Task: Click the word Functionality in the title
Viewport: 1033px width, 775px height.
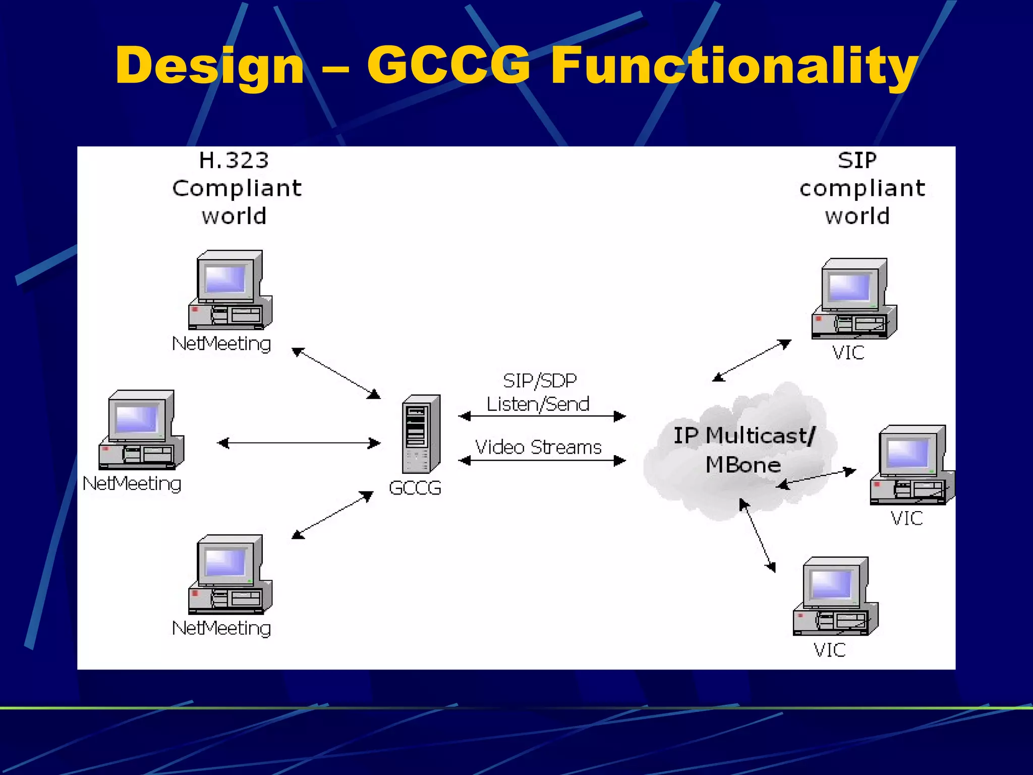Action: click(734, 66)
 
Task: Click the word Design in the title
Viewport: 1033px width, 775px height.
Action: click(209, 66)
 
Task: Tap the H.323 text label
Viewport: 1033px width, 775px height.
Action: click(234, 160)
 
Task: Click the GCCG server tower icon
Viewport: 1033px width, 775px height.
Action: click(421, 434)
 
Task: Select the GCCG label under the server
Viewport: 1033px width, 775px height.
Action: click(415, 488)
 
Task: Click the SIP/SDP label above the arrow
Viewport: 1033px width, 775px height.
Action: click(540, 380)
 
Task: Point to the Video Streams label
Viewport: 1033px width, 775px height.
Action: click(538, 447)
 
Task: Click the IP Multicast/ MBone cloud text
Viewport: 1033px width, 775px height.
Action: click(743, 450)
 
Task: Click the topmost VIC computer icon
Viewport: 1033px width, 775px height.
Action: click(854, 299)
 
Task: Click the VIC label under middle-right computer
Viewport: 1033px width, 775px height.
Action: click(906, 518)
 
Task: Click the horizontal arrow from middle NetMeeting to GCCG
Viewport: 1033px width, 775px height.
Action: click(299, 443)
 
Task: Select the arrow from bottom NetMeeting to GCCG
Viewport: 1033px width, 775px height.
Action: click(333, 515)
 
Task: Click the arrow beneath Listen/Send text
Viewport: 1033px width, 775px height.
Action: click(542, 416)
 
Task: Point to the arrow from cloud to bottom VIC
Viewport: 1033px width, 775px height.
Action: click(757, 535)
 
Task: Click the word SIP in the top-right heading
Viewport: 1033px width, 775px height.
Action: click(857, 160)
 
